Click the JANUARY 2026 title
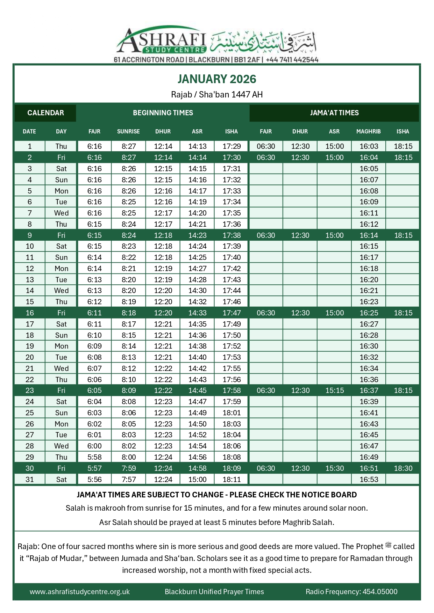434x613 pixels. tap(217, 79)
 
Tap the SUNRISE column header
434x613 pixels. tap(128, 131)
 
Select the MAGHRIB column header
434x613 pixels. tap(368, 131)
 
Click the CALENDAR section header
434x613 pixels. tap(45, 113)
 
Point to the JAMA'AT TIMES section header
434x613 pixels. tap(334, 113)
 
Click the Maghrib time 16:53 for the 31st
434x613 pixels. tap(369, 479)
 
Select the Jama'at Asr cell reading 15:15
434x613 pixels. tap(335, 390)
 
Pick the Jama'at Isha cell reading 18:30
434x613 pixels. tap(403, 468)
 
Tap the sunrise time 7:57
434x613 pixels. tap(129, 479)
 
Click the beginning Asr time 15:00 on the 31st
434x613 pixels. tap(198, 479)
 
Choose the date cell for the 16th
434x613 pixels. tap(30, 313)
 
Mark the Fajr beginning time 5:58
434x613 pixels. tap(94, 457)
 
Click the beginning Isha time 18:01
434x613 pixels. tap(232, 413)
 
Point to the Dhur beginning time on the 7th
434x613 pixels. tap(163, 213)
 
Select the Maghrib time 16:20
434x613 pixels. tap(369, 279)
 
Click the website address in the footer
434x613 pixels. tap(80, 591)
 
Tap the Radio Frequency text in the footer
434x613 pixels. tap(351, 591)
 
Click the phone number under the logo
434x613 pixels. tap(292, 60)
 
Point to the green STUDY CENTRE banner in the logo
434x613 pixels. tap(175, 50)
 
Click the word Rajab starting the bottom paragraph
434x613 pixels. tap(28, 546)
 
